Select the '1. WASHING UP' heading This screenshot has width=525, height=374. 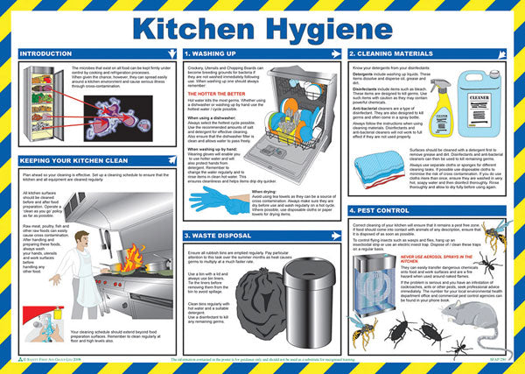click(213, 54)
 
